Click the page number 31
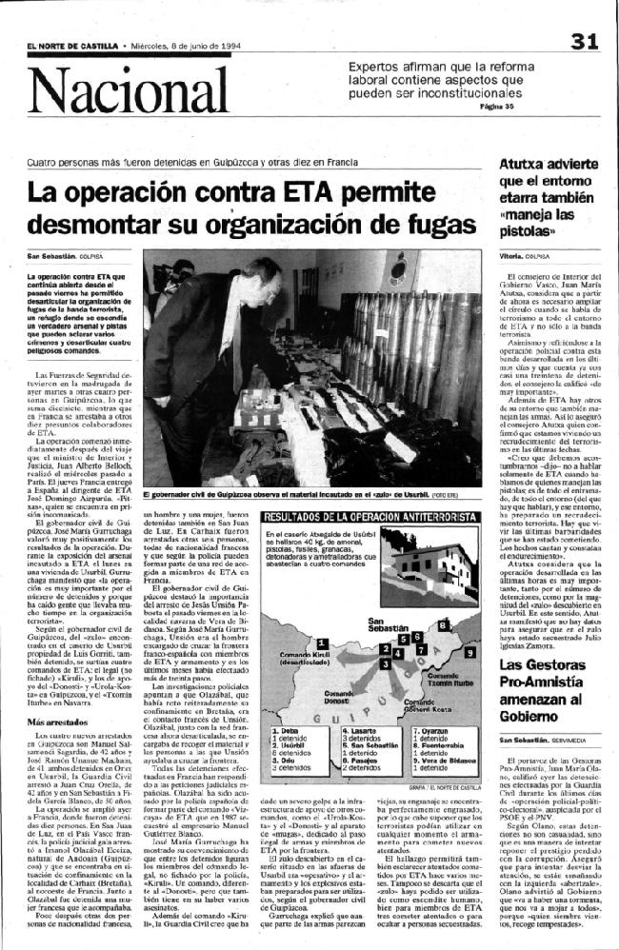tap(585, 41)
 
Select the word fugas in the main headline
tap(430, 229)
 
